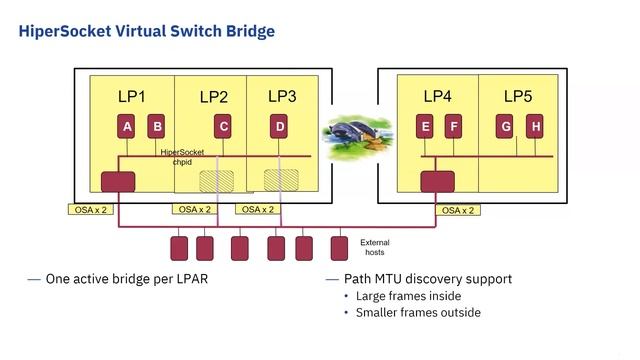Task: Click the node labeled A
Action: coord(127,127)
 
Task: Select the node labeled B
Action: coord(157,127)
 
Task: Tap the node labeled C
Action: coord(223,127)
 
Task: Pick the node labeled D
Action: coord(280,127)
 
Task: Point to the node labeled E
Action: coord(425,127)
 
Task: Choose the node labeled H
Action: coord(536,127)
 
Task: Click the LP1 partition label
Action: coord(132,96)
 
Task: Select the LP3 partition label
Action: coord(282,96)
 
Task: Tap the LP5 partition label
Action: coord(518,96)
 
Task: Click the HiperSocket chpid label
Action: coord(182,157)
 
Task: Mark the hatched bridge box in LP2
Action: coord(216,181)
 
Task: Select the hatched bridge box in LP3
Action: coord(280,180)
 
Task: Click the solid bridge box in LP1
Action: coord(118,182)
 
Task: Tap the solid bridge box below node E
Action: coord(437,182)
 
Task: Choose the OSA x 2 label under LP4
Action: coord(457,210)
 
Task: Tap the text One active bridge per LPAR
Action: coord(137,279)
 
